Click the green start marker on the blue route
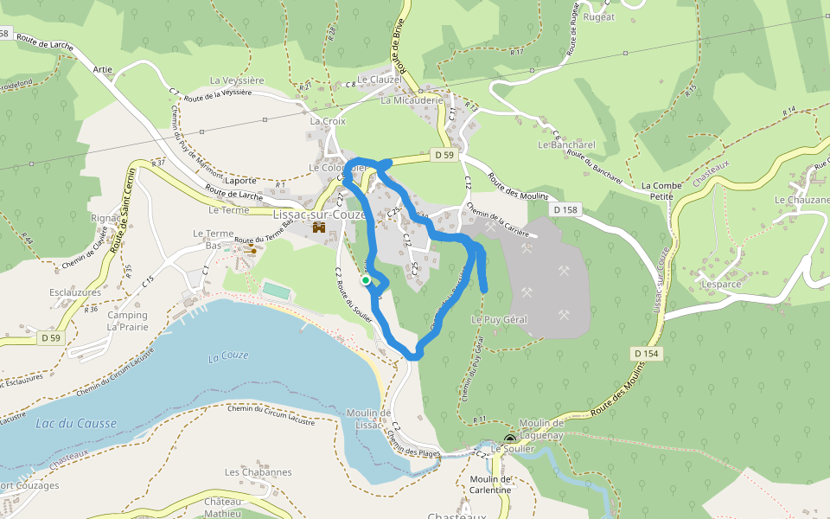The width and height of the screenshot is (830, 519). [366, 280]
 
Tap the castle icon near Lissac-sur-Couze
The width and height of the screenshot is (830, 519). [319, 228]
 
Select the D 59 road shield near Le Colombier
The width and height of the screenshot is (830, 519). [444, 155]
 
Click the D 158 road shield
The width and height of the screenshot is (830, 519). [565, 210]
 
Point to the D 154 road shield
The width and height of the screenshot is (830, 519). [646, 354]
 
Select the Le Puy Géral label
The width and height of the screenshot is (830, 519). [499, 319]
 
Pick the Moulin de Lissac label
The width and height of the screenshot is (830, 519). [369, 419]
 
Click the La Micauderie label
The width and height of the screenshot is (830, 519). [412, 100]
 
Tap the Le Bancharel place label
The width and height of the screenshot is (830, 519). [566, 144]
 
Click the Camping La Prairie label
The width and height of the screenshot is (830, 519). [127, 321]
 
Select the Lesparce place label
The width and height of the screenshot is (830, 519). [722, 283]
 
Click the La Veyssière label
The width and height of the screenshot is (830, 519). [237, 80]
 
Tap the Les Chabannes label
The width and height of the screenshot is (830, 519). [258, 472]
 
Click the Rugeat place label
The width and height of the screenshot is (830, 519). [598, 16]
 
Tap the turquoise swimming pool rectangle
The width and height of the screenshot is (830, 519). [276, 289]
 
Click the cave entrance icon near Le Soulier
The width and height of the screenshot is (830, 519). [509, 439]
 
